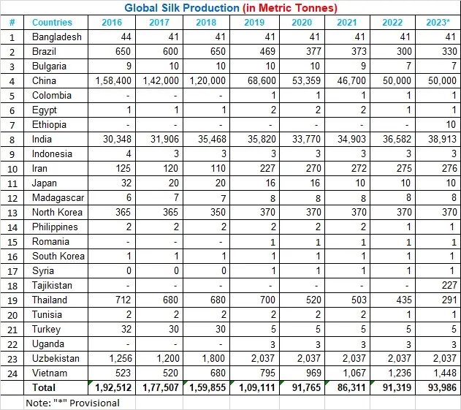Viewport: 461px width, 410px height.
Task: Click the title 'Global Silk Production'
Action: (171, 9)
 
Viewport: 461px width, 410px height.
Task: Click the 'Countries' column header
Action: (52, 23)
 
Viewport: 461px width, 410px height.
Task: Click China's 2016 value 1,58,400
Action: (115, 81)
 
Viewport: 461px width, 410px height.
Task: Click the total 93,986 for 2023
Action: (439, 387)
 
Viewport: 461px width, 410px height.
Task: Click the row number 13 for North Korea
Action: (12, 213)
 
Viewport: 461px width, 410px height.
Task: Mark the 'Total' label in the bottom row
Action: (45, 387)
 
